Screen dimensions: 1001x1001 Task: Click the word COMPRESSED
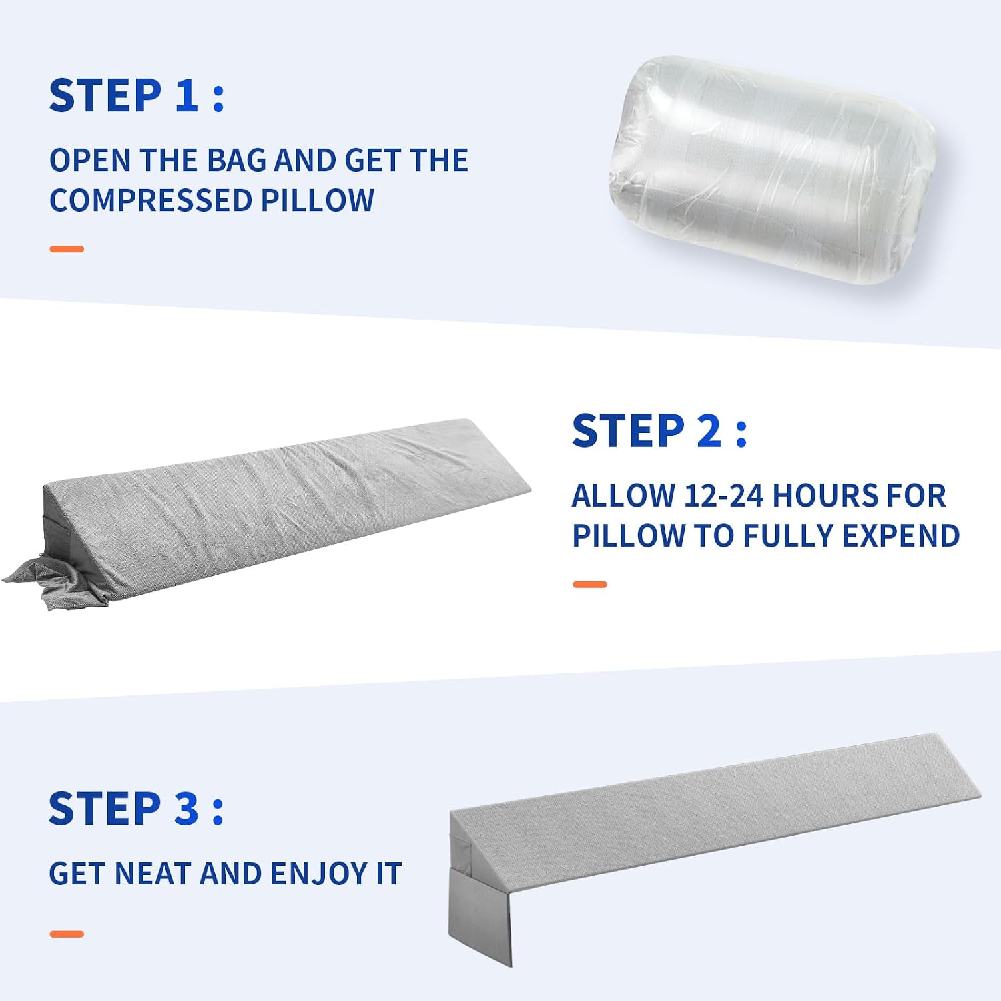(x=150, y=200)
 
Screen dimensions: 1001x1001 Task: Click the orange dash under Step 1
(x=67, y=249)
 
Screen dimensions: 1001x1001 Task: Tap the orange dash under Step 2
(x=590, y=585)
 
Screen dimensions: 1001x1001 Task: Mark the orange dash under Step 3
(x=67, y=934)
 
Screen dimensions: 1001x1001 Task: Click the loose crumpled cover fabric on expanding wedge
(x=40, y=581)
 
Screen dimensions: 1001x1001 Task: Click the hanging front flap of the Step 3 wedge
(x=480, y=911)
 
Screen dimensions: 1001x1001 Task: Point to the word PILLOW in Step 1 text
(x=318, y=200)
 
